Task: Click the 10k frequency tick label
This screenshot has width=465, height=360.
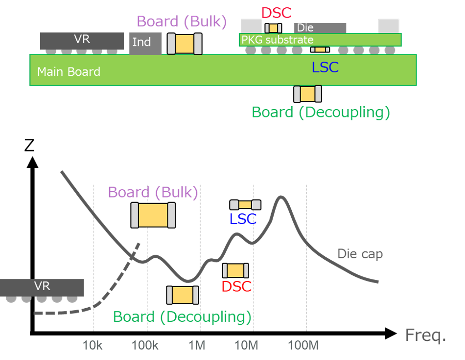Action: pos(93,345)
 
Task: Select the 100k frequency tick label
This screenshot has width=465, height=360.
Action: pos(145,345)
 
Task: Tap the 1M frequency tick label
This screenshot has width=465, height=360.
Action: pos(196,345)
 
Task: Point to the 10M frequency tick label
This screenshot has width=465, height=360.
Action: pos(246,345)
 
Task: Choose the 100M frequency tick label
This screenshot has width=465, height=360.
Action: pos(303,345)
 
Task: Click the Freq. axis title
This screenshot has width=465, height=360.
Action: pos(425,336)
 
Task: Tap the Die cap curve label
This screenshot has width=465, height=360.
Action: pos(360,254)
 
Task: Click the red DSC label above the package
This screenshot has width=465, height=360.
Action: pos(276,12)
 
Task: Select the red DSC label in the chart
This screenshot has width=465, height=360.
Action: pos(236,286)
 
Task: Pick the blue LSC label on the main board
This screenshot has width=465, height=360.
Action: pos(325,67)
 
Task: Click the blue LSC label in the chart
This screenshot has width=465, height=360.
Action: pos(243,219)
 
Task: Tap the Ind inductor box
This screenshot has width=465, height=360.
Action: pos(145,43)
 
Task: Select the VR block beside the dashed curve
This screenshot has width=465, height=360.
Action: pos(42,287)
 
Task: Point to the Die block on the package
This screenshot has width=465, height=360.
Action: pos(320,28)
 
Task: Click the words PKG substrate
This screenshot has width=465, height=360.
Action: pos(277,40)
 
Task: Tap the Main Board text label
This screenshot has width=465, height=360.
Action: pos(69,72)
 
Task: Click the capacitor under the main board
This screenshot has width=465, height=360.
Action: pos(307,94)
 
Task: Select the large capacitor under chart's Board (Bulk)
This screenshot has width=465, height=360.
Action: pos(153,215)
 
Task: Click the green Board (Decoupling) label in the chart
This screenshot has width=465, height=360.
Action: pos(182,316)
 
